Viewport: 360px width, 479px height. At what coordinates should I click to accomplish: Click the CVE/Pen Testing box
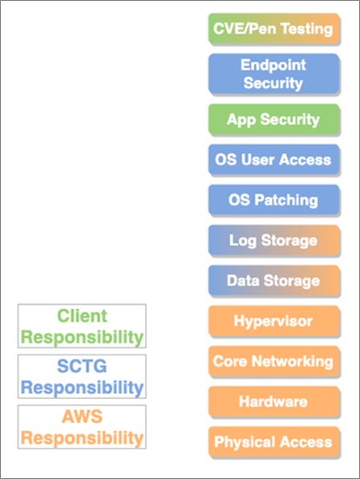click(274, 29)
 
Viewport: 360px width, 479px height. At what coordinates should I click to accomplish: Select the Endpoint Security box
click(274, 74)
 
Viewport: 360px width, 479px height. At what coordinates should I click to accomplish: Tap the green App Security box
click(274, 119)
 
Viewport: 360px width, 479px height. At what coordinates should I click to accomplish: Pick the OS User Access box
click(274, 160)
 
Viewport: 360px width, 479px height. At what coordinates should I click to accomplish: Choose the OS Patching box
click(274, 200)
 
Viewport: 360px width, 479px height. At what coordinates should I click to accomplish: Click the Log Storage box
click(274, 240)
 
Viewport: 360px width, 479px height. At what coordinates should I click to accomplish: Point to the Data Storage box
click(274, 281)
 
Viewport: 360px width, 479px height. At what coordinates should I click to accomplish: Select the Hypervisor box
click(274, 321)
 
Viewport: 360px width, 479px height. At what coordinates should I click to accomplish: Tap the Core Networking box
click(274, 361)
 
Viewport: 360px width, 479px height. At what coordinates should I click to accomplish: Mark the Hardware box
click(274, 402)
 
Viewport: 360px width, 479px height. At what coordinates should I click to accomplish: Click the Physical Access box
click(274, 442)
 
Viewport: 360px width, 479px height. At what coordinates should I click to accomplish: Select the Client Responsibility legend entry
click(82, 326)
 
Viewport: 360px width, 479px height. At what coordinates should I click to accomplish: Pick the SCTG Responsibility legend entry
click(82, 376)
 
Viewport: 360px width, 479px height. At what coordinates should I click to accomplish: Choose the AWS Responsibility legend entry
click(82, 427)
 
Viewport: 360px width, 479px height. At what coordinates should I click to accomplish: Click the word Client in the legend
click(82, 315)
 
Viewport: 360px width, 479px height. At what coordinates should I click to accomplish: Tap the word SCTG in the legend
click(82, 366)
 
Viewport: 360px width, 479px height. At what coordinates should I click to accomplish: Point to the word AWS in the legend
click(82, 416)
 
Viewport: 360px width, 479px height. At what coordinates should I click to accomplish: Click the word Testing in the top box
click(306, 30)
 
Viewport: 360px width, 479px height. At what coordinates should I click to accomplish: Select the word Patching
click(286, 201)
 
